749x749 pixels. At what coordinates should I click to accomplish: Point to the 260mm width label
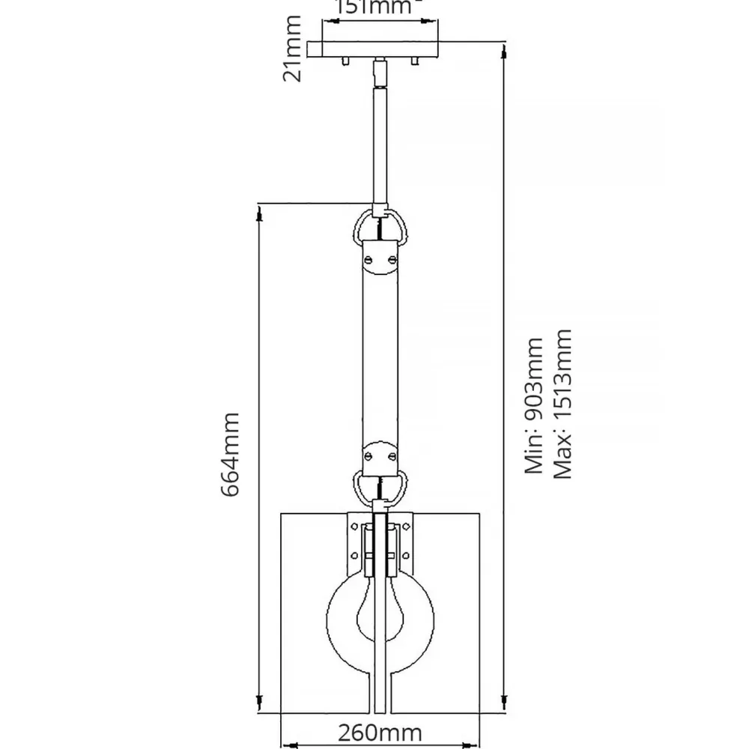[380, 733]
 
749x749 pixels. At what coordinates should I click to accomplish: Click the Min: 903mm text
[534, 405]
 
